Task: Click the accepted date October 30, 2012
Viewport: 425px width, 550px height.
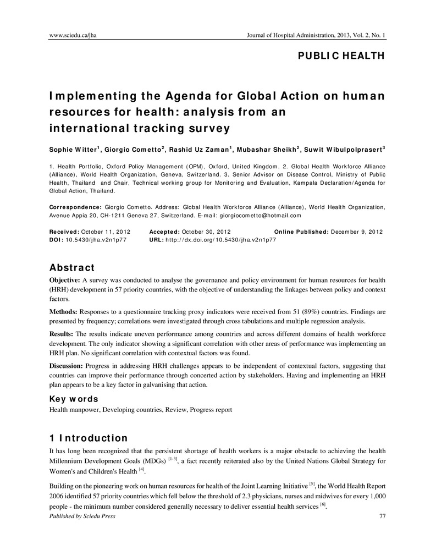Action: click(x=208, y=232)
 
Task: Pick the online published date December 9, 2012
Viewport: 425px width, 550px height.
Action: click(x=357, y=232)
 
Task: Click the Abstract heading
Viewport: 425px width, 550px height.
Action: click(x=72, y=268)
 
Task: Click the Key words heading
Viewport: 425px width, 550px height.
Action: click(x=74, y=399)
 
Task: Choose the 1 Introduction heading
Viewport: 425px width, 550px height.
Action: click(x=89, y=438)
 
